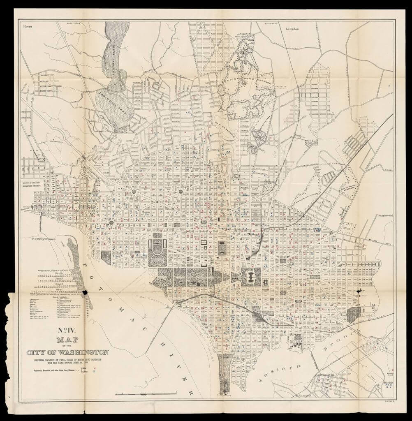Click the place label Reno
pyautogui.click(x=28, y=26)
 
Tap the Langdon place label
pyautogui.click(x=291, y=29)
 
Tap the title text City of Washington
pyautogui.click(x=68, y=353)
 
